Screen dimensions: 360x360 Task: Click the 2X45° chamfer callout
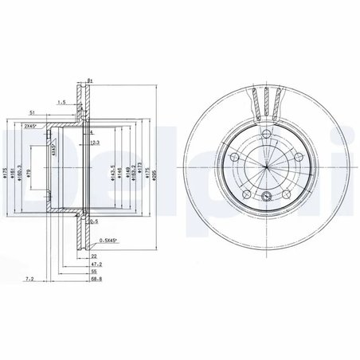33,127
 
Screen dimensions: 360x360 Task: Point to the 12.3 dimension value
96,143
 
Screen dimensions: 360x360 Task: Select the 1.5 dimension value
62,103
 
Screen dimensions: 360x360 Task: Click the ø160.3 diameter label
21,172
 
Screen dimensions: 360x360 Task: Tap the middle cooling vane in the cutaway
264,104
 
